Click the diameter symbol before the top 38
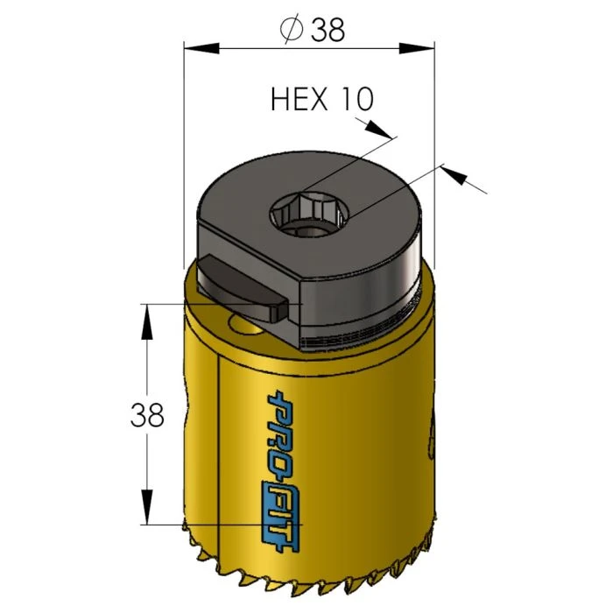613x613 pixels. [289, 29]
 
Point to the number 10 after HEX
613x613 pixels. [356, 99]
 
